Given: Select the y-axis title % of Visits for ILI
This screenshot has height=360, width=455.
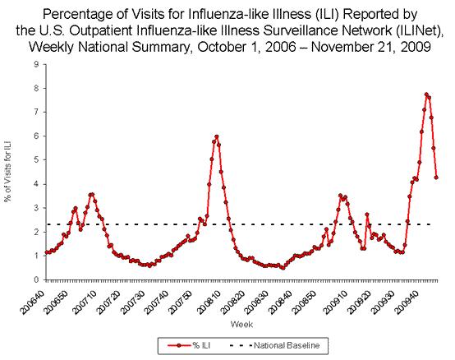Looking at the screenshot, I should (x=9, y=173).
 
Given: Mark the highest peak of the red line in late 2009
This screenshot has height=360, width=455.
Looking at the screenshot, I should (x=426, y=94).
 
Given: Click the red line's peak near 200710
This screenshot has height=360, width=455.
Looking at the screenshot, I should (x=91, y=194).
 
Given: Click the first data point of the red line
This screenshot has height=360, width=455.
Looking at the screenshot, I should (x=46, y=252).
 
